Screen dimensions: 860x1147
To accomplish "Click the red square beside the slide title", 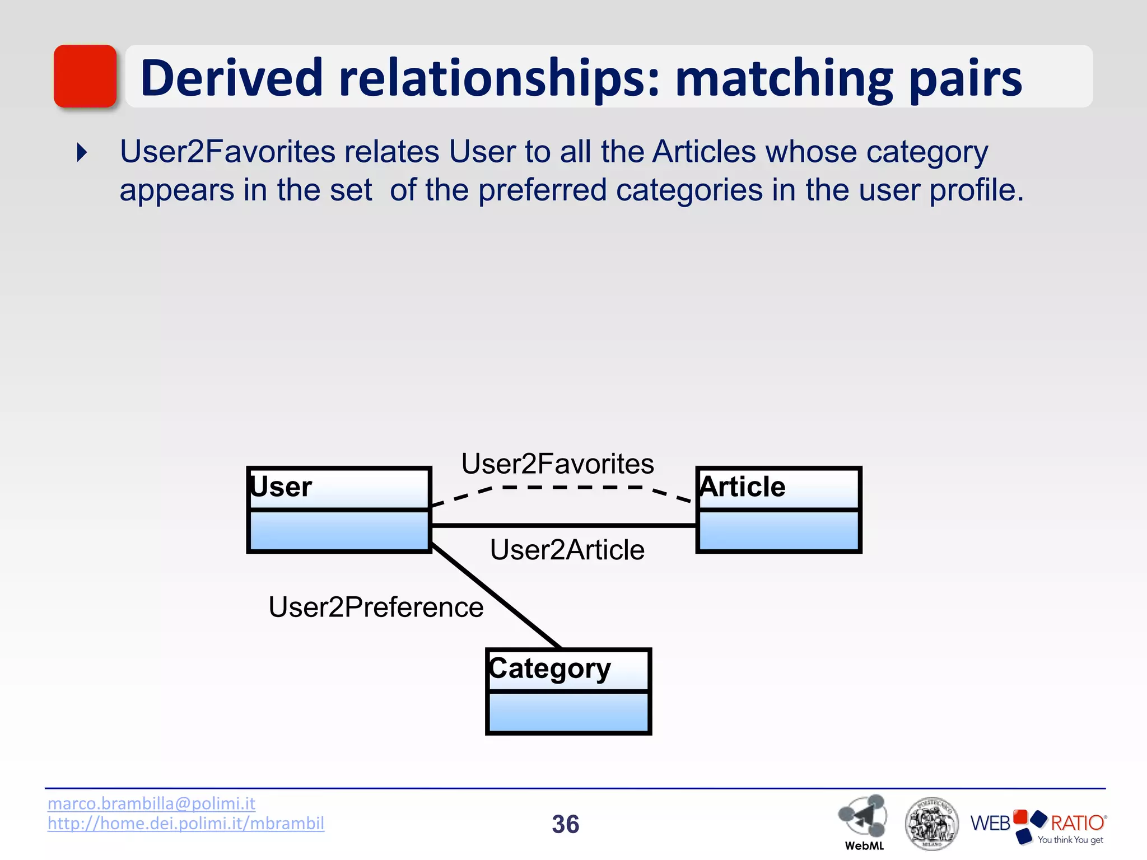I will click(85, 76).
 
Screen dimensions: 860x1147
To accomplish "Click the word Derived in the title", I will click(231, 78).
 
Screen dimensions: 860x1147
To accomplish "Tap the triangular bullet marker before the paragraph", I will click(82, 152).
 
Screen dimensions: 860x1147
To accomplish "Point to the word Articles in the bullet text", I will click(704, 152).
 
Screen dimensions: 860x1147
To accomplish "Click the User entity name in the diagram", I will click(281, 487).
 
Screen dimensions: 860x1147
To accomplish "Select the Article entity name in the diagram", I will click(743, 487).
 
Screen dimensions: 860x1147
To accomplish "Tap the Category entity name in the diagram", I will click(549, 669).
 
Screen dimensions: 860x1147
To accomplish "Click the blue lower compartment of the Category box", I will click(568, 712).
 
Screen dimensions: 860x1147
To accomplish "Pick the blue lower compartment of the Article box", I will click(778, 530).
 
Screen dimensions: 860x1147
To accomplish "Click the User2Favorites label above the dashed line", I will click(557, 464).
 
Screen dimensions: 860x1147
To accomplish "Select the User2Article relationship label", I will click(567, 550).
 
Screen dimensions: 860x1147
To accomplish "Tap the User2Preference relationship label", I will click(376, 607).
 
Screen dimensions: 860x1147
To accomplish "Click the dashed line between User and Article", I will click(571, 488).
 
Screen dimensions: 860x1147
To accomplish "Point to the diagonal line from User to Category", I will click(496, 596).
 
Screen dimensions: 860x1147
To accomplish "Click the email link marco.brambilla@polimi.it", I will click(151, 803).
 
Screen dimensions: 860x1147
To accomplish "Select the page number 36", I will click(565, 824).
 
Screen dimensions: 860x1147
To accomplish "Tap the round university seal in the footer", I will click(930, 824).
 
